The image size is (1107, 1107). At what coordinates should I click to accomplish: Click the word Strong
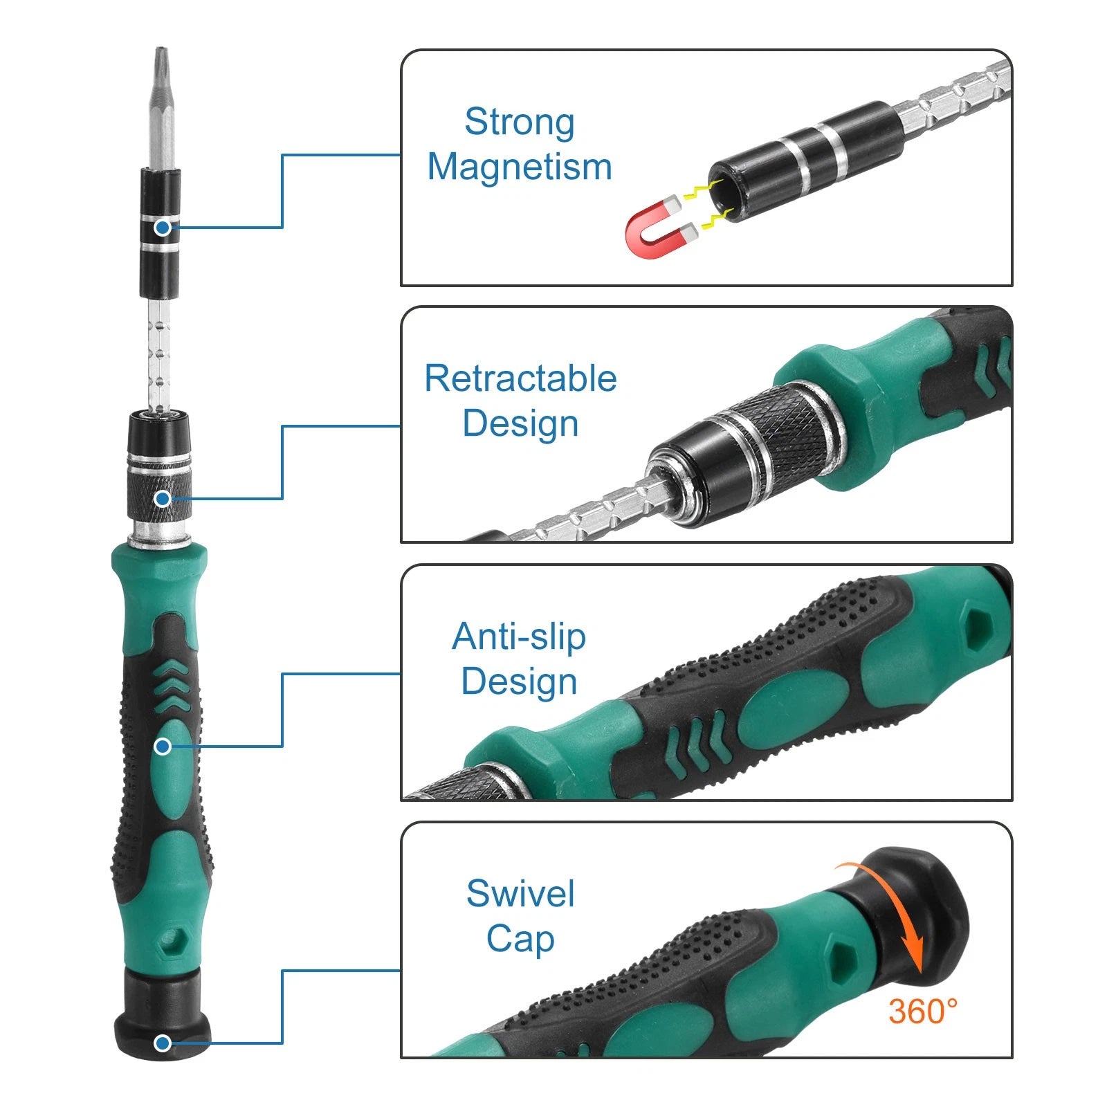(x=520, y=122)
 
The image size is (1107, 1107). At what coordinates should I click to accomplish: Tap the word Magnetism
(x=520, y=167)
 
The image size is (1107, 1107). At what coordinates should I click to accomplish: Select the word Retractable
(x=520, y=378)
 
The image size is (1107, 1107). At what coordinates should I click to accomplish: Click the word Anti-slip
(x=519, y=637)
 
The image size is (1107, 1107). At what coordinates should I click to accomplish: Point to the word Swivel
(x=520, y=893)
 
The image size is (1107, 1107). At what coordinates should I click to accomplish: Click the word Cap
(x=520, y=939)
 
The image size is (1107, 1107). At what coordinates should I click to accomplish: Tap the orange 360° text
(x=923, y=1012)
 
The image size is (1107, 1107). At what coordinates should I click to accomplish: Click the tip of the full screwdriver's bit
(x=161, y=53)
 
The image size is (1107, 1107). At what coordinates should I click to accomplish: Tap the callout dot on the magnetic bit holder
(x=163, y=227)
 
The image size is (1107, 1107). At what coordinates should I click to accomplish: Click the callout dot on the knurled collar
(x=163, y=498)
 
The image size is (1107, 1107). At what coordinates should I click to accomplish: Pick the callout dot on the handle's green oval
(x=163, y=746)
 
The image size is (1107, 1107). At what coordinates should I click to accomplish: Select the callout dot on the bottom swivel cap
(x=163, y=1043)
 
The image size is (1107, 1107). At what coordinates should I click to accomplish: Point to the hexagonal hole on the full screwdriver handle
(x=168, y=942)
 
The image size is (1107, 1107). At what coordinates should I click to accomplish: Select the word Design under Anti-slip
(x=519, y=681)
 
